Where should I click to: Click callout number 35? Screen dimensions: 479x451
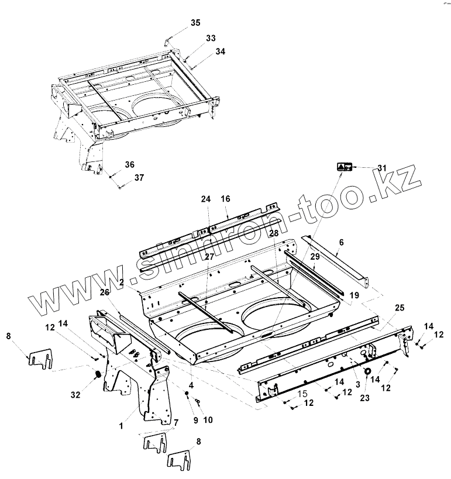click(195, 23)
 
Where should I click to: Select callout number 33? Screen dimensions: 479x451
click(211, 38)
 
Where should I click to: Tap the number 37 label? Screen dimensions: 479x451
click(139, 177)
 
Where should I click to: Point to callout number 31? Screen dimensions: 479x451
click(382, 168)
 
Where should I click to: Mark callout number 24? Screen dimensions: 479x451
click(205, 199)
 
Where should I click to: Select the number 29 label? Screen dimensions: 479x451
click(314, 257)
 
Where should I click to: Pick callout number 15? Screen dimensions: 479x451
click(302, 395)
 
